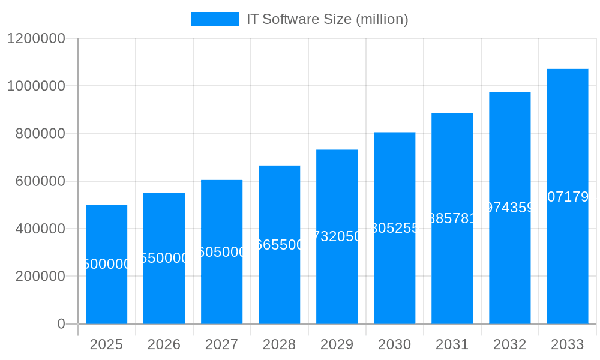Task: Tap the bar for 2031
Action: pyautogui.click(x=452, y=270)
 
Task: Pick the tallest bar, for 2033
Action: pyautogui.click(x=567, y=252)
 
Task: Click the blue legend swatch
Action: pyautogui.click(x=215, y=19)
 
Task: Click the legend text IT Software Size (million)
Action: pyautogui.click(x=327, y=19)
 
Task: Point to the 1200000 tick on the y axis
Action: pyautogui.click(x=36, y=38)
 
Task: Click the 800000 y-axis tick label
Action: pyautogui.click(x=40, y=134)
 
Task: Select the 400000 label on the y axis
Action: pyautogui.click(x=40, y=229)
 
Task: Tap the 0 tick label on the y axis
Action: pyautogui.click(x=61, y=324)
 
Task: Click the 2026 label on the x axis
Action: pyautogui.click(x=164, y=344)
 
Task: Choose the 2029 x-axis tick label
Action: pyautogui.click(x=337, y=344)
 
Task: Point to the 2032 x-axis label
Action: pyautogui.click(x=509, y=344)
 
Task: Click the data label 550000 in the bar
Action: pyautogui.click(x=164, y=258)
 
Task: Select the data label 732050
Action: pyautogui.click(x=337, y=236)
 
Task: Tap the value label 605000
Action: pyautogui.click(x=221, y=252)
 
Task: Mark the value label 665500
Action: pyautogui.click(x=279, y=245)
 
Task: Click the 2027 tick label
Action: pyautogui.click(x=221, y=344)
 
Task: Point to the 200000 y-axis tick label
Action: pyautogui.click(x=40, y=277)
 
